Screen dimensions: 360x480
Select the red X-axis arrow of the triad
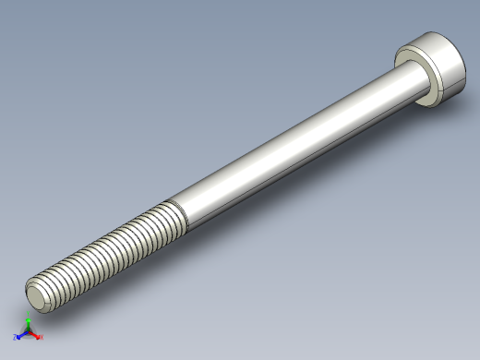35,335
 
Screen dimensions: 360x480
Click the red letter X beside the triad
42,338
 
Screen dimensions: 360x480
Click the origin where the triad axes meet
28,331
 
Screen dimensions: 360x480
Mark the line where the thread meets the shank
180,214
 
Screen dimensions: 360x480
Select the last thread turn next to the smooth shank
171,220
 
